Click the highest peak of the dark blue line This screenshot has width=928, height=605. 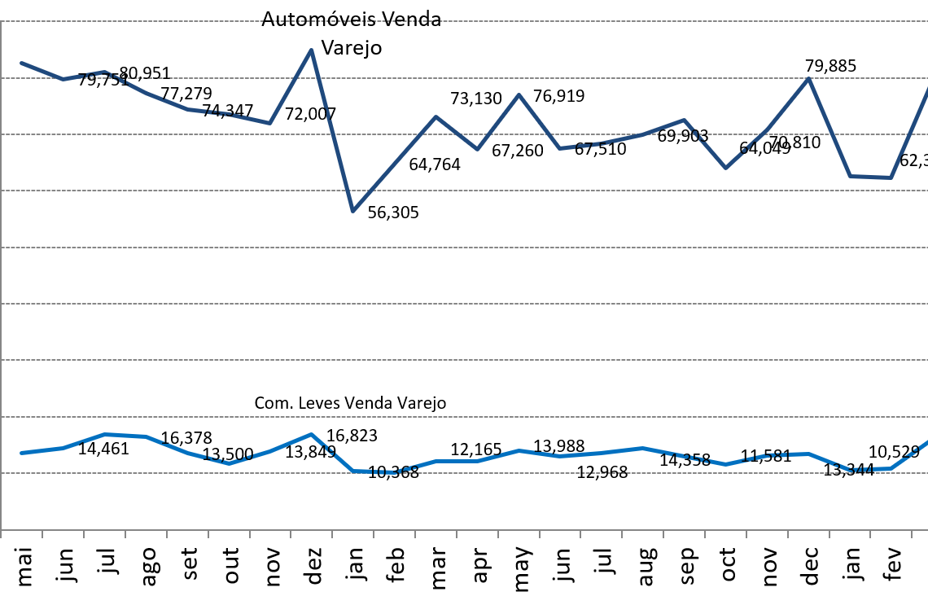(311, 50)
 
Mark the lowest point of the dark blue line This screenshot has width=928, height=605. (352, 212)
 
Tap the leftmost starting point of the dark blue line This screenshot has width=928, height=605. (21, 63)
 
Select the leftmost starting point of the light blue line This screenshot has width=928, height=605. (21, 453)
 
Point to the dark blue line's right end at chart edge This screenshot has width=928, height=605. (927, 88)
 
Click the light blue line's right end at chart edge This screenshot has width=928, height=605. (927, 442)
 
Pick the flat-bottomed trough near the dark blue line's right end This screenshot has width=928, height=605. (871, 177)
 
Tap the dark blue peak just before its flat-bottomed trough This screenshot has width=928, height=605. (808, 78)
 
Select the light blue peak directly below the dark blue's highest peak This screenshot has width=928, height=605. (311, 435)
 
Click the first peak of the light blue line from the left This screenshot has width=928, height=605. (104, 435)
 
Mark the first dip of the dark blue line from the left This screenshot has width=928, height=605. (63, 79)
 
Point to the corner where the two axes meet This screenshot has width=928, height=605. (2, 529)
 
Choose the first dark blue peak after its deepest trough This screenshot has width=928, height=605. (436, 116)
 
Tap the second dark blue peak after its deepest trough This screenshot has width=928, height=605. (519, 94)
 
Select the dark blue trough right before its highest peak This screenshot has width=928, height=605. (269, 123)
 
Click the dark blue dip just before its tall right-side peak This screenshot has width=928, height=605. (725, 168)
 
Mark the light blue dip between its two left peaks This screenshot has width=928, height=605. (230, 463)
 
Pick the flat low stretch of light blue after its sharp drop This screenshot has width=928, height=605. (374, 471)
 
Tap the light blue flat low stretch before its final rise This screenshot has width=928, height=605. (871, 470)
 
